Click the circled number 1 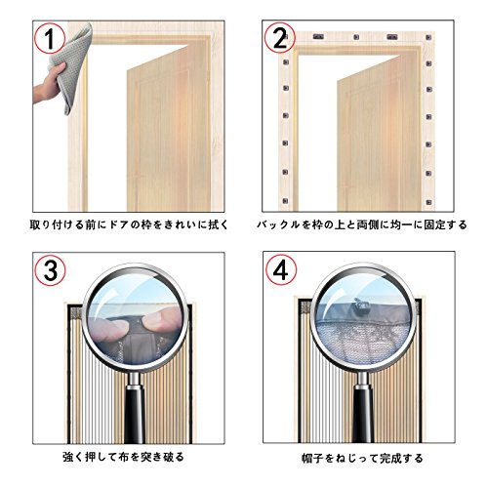[x=50, y=39]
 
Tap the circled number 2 [x=279, y=39]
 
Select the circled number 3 [x=51, y=270]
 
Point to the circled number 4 [x=281, y=270]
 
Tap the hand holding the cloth [x=49, y=85]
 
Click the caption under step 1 [x=129, y=224]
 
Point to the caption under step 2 [x=361, y=224]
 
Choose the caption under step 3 [x=123, y=457]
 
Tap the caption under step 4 [x=362, y=459]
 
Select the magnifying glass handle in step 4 [x=362, y=409]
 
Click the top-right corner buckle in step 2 [x=428, y=37]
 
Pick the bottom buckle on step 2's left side [x=285, y=201]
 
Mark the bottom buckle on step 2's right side [x=428, y=202]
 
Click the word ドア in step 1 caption [x=118, y=224]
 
